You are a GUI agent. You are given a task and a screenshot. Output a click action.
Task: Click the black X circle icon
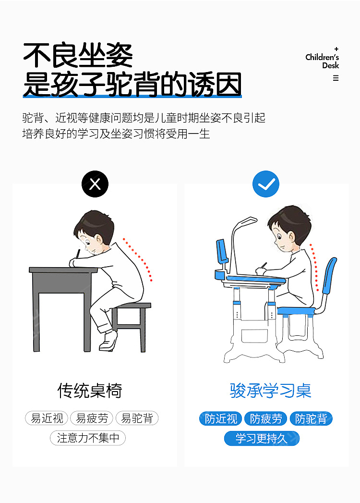click(95, 184)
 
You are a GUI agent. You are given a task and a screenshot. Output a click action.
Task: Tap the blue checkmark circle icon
click(266, 184)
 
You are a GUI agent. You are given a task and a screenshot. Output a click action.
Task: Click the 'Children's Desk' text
click(322, 61)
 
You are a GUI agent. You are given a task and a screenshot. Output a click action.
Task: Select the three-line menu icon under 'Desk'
click(336, 78)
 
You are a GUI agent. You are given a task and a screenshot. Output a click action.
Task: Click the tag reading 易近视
click(47, 418)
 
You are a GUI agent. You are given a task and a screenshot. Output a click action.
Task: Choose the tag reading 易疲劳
click(92, 418)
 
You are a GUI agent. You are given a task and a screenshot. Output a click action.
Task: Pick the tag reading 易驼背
click(137, 418)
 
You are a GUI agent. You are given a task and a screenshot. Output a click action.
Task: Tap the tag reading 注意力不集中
click(88, 438)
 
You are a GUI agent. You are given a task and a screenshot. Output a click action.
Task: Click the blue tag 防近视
click(220, 418)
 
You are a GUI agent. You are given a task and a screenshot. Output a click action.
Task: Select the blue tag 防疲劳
click(266, 418)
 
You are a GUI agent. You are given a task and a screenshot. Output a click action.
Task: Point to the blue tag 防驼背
click(311, 418)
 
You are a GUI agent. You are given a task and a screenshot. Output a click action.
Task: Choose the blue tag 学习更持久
click(262, 439)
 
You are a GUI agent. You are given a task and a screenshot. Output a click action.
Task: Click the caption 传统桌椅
click(90, 391)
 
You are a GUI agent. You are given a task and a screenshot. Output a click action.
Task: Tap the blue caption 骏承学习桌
click(271, 391)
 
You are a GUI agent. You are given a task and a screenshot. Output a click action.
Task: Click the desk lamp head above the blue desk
click(248, 221)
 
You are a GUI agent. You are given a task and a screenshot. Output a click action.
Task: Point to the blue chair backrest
click(330, 275)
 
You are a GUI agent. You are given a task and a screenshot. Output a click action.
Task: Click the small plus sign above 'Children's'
click(336, 49)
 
